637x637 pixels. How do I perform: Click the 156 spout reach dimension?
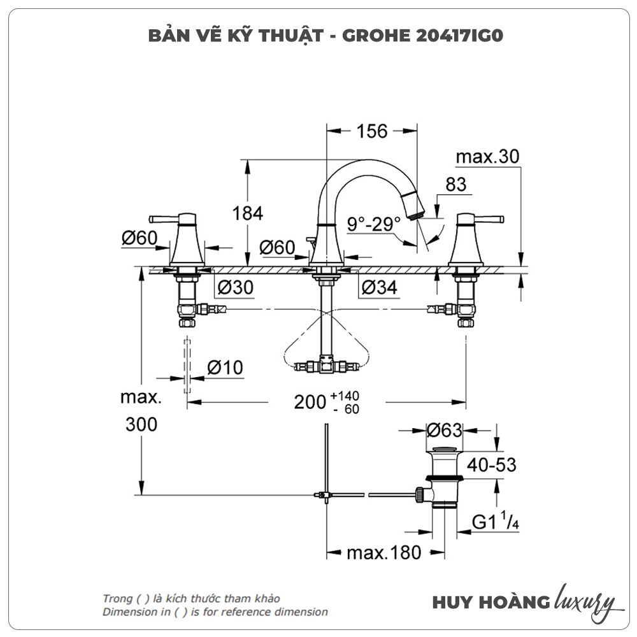click(x=372, y=131)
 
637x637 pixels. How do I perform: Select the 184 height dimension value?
click(x=248, y=213)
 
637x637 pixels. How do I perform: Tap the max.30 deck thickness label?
click(x=488, y=157)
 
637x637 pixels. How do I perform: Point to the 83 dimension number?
click(x=455, y=185)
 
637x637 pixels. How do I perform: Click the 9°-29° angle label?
click(x=374, y=224)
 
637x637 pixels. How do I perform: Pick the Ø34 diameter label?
click(x=379, y=288)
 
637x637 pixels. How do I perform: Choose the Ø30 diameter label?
click(x=235, y=288)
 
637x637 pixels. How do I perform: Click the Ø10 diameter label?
click(x=225, y=368)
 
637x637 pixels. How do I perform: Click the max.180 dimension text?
click(x=383, y=552)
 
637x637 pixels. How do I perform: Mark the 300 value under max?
click(x=141, y=424)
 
